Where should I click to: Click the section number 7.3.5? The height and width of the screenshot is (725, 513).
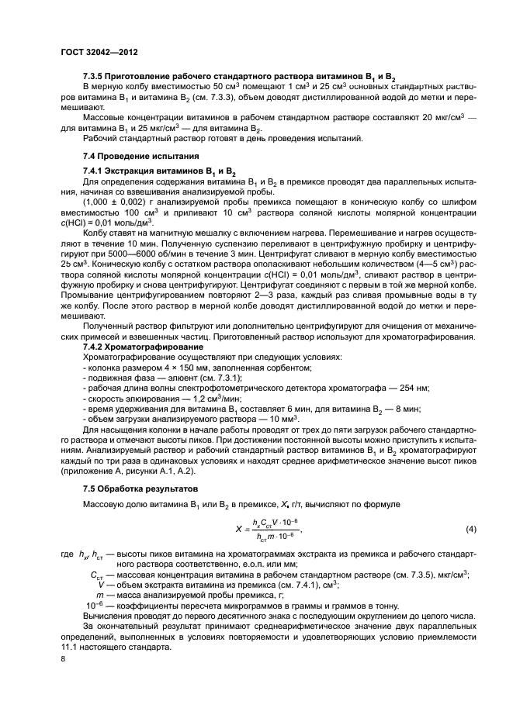[95, 78]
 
